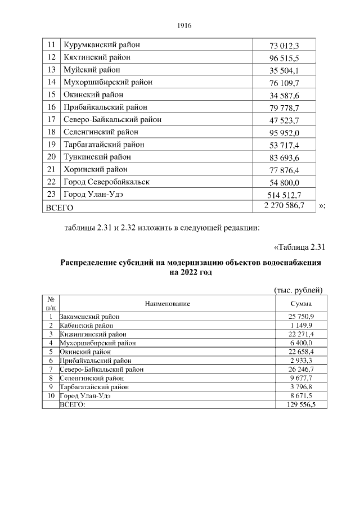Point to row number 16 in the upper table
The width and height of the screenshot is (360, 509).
point(51,107)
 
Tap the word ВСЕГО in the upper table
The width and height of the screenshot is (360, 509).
point(60,208)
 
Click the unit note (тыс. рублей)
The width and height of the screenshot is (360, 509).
point(298,290)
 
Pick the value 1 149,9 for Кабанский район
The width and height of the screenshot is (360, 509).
point(301,325)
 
